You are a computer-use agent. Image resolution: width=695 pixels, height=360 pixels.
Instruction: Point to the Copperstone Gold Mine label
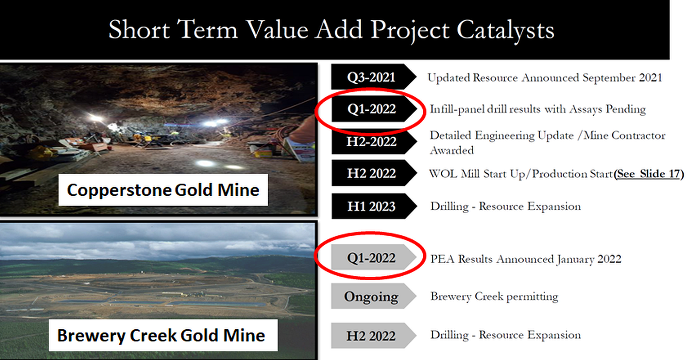163,190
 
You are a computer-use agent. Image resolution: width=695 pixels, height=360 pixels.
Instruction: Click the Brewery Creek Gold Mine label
163,335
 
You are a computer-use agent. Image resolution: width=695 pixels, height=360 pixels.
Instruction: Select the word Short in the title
139,30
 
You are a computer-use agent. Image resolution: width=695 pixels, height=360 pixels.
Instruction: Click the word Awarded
451,150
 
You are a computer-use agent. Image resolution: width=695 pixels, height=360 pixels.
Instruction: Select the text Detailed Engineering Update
501,136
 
